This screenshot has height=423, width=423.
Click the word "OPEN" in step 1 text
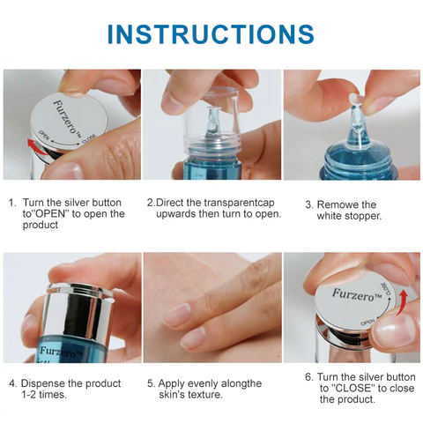click(54, 213)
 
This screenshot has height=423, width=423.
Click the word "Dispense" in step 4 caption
click(49, 383)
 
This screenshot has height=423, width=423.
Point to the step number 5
click(150, 383)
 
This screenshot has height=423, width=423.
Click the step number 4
click(12, 383)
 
